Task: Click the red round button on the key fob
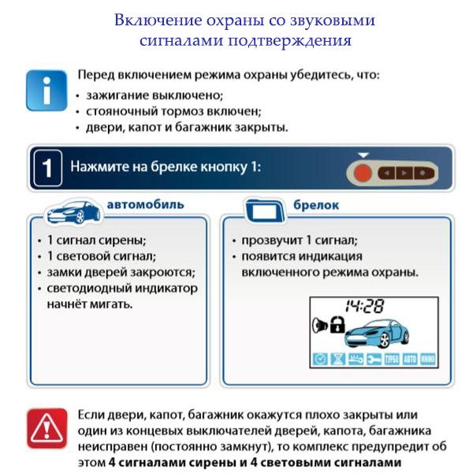[363, 173]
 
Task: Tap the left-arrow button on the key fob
[386, 173]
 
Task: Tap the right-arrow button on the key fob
[404, 173]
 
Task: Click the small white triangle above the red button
[363, 155]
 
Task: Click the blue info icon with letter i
[46, 90]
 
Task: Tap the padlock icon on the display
[337, 324]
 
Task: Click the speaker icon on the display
[319, 324]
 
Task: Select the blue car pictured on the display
[377, 331]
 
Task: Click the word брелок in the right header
[318, 205]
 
